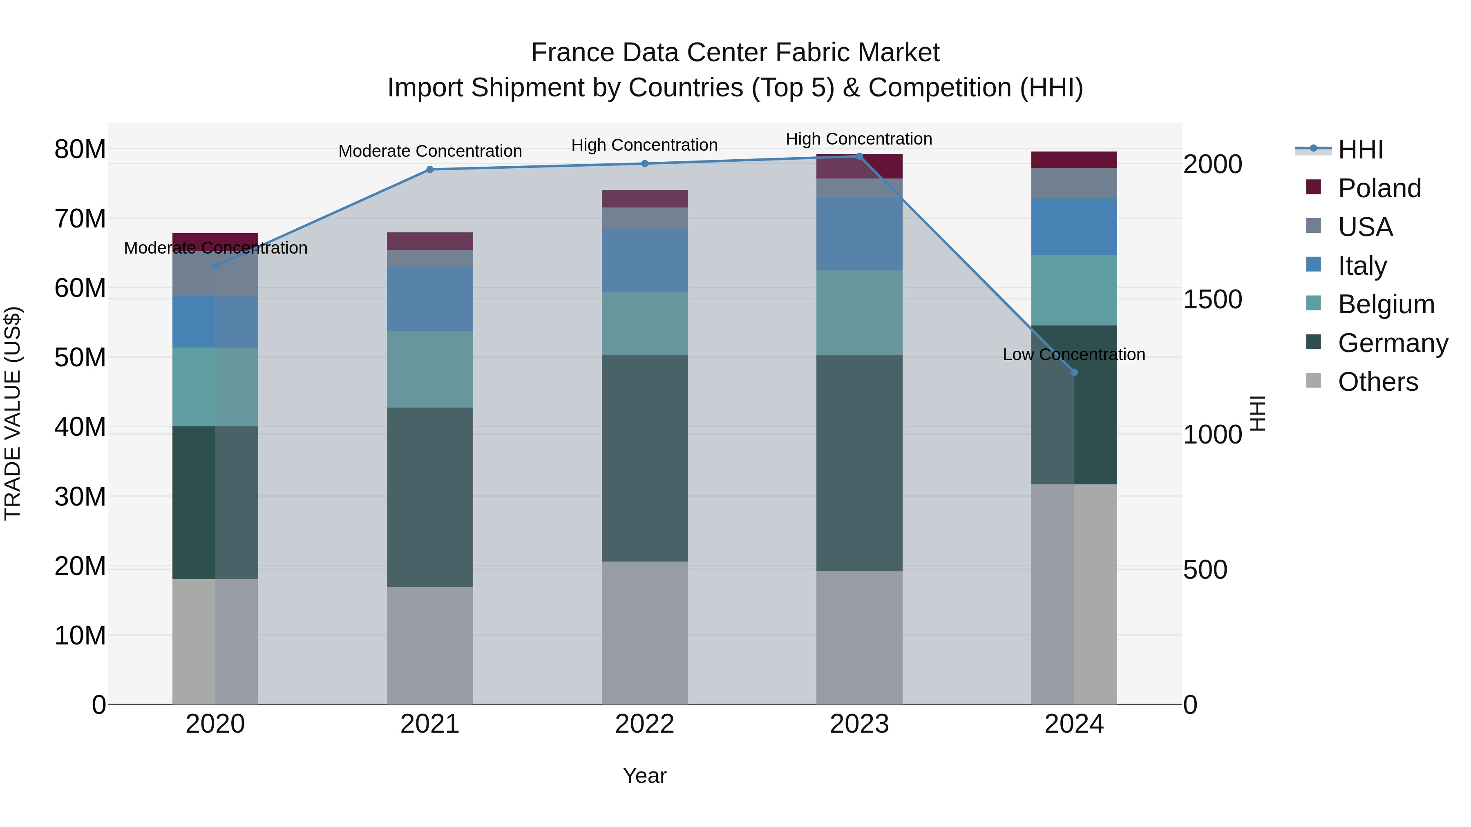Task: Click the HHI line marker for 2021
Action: tap(430, 169)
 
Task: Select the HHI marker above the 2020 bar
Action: tap(215, 266)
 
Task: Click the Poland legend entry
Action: tap(1379, 188)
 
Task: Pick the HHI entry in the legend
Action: tap(1360, 149)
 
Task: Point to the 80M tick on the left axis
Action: tap(80, 149)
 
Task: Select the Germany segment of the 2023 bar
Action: tap(859, 462)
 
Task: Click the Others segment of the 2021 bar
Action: tap(430, 645)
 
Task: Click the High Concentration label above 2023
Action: tap(859, 139)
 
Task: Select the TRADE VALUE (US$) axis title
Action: tap(13, 413)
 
